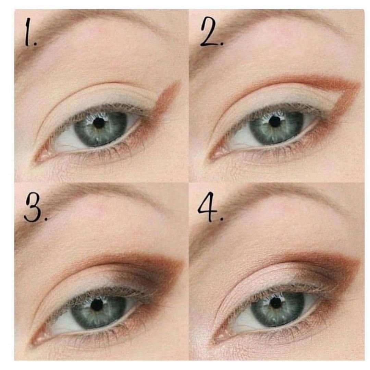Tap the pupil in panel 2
[274, 121]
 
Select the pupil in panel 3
[97, 305]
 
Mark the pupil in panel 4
[276, 303]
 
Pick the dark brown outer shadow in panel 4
[330, 274]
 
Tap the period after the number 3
[46, 219]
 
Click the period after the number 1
[35, 44]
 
